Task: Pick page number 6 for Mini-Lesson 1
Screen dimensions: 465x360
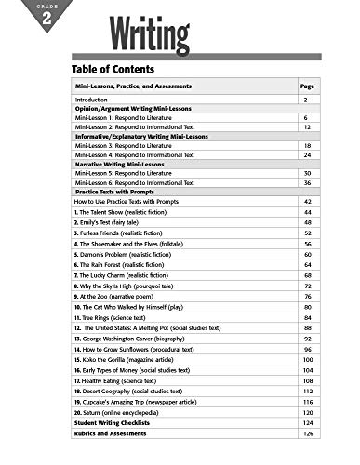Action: [x=306, y=118]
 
